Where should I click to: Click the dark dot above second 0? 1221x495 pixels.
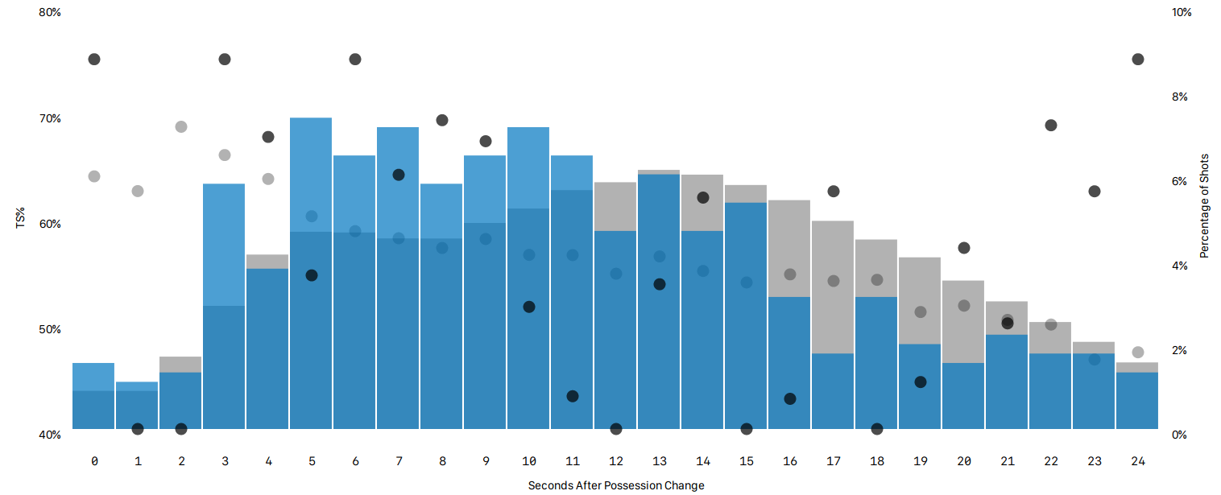pyautogui.click(x=94, y=60)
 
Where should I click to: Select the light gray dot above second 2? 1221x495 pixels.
pyautogui.click(x=181, y=126)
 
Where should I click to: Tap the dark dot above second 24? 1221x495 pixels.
pyautogui.click(x=1138, y=60)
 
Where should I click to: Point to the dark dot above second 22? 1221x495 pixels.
pyautogui.click(x=1051, y=125)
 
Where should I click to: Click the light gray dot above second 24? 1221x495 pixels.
pyautogui.click(x=1138, y=352)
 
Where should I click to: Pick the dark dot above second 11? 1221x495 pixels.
pyautogui.click(x=573, y=396)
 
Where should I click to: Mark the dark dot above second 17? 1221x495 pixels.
pyautogui.click(x=834, y=191)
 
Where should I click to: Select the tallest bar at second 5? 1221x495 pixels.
pyautogui.click(x=311, y=274)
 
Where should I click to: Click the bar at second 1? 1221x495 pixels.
pyautogui.click(x=137, y=406)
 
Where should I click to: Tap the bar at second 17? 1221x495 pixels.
pyautogui.click(x=833, y=325)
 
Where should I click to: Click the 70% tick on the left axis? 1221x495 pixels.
pyautogui.click(x=50, y=118)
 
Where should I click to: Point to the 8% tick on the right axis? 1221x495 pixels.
pyautogui.click(x=1179, y=97)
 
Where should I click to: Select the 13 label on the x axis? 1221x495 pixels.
pyautogui.click(x=660, y=461)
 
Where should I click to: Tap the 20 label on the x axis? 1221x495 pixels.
pyautogui.click(x=964, y=461)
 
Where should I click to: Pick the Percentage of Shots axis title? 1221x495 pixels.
pyautogui.click(x=1205, y=205)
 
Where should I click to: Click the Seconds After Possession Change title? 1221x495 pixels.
pyautogui.click(x=616, y=485)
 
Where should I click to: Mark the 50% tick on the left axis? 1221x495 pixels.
pyautogui.click(x=50, y=329)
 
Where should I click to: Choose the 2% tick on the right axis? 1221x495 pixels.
pyautogui.click(x=1179, y=350)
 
